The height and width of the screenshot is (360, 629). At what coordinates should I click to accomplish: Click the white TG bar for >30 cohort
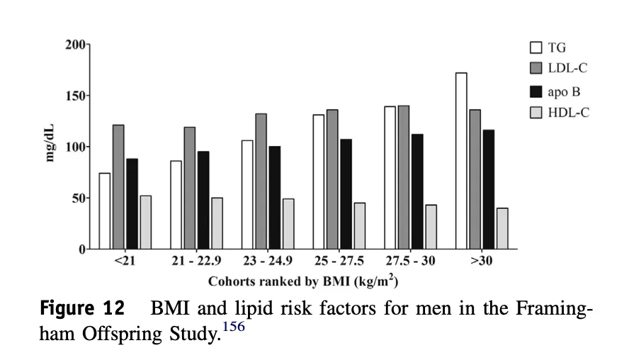point(461,161)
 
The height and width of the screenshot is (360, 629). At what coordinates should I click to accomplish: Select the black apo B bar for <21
point(132,204)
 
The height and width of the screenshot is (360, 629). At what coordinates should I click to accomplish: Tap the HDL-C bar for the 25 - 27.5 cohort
point(359,226)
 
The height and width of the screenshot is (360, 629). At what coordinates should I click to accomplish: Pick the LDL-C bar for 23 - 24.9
point(261,181)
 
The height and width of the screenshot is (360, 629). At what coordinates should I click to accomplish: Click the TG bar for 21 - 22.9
point(176,205)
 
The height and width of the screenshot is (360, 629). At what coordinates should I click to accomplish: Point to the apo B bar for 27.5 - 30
point(417,192)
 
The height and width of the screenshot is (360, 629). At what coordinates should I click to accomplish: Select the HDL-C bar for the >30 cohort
point(502,228)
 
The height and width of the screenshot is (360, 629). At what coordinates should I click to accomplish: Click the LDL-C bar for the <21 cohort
point(118,187)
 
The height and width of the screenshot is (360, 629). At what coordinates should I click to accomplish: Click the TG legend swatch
point(536,47)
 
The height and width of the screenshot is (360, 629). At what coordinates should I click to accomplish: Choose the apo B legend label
point(564,92)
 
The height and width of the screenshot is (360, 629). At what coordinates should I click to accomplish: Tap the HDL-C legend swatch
point(536,113)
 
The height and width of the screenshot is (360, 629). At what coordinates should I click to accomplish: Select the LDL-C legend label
point(567,68)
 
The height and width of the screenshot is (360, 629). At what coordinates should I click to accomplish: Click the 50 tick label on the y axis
point(78,198)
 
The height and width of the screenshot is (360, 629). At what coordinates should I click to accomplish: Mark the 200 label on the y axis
point(75,45)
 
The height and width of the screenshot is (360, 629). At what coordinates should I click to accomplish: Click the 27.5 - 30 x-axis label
point(410,261)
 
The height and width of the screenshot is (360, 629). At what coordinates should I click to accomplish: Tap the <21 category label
point(125,261)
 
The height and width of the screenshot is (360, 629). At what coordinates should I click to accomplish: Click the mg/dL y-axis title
point(50,143)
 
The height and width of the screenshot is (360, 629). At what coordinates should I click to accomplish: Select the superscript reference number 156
point(234,326)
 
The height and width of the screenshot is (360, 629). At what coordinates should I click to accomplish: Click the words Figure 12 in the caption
point(83,308)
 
